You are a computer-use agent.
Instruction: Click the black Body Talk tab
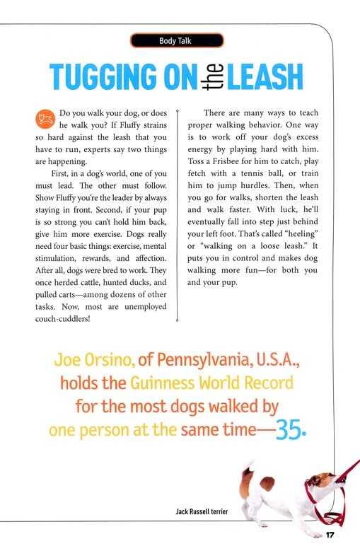(176, 41)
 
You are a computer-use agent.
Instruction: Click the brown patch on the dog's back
(267, 484)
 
